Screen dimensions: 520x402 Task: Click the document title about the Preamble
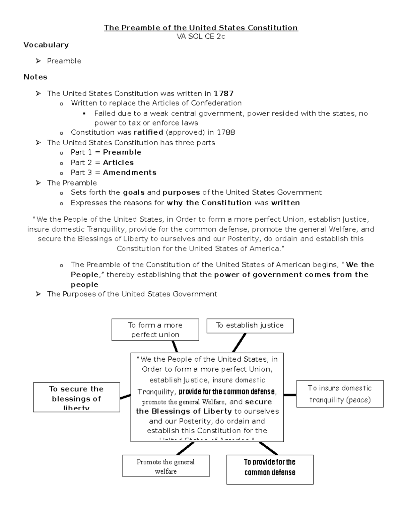click(201, 28)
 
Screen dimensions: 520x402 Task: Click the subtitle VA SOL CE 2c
click(201, 37)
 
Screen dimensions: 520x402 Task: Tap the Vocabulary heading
click(46, 45)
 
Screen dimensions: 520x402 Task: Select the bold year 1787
click(223, 93)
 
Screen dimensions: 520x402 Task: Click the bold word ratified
click(148, 132)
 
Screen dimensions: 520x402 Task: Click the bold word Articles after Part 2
click(118, 162)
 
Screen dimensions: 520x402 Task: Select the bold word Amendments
click(130, 172)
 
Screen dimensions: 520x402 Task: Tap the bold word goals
click(134, 193)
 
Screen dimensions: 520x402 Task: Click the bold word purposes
click(181, 193)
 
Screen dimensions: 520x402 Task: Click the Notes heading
click(35, 77)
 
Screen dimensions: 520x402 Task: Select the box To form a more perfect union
click(155, 330)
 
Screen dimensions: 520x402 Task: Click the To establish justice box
click(250, 325)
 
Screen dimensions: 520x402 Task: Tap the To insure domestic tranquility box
click(340, 394)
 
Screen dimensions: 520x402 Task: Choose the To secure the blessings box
click(76, 397)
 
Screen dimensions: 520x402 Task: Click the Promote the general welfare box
click(166, 466)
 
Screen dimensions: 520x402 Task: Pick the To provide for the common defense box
click(270, 469)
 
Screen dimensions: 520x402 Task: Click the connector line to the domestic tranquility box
click(290, 395)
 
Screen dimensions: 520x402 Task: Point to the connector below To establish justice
click(239, 343)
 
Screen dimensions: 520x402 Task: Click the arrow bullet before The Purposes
click(38, 294)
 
